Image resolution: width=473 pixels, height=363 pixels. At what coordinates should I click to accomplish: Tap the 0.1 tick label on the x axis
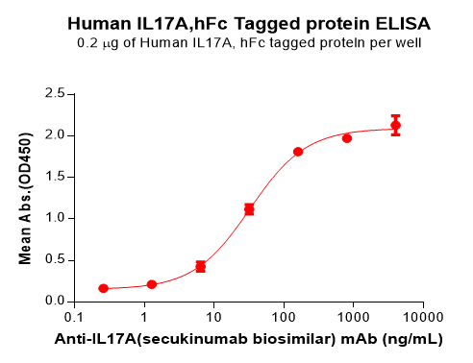(74, 316)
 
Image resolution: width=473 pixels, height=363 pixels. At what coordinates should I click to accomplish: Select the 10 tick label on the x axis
(214, 316)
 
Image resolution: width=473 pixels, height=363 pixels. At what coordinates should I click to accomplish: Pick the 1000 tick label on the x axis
(353, 316)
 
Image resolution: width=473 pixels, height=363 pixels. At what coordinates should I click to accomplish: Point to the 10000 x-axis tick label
(422, 316)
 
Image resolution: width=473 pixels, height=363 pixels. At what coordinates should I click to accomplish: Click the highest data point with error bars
(395, 126)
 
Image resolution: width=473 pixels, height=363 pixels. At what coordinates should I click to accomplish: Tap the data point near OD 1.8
(298, 152)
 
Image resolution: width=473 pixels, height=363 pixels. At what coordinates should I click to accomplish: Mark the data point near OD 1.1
(249, 209)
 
